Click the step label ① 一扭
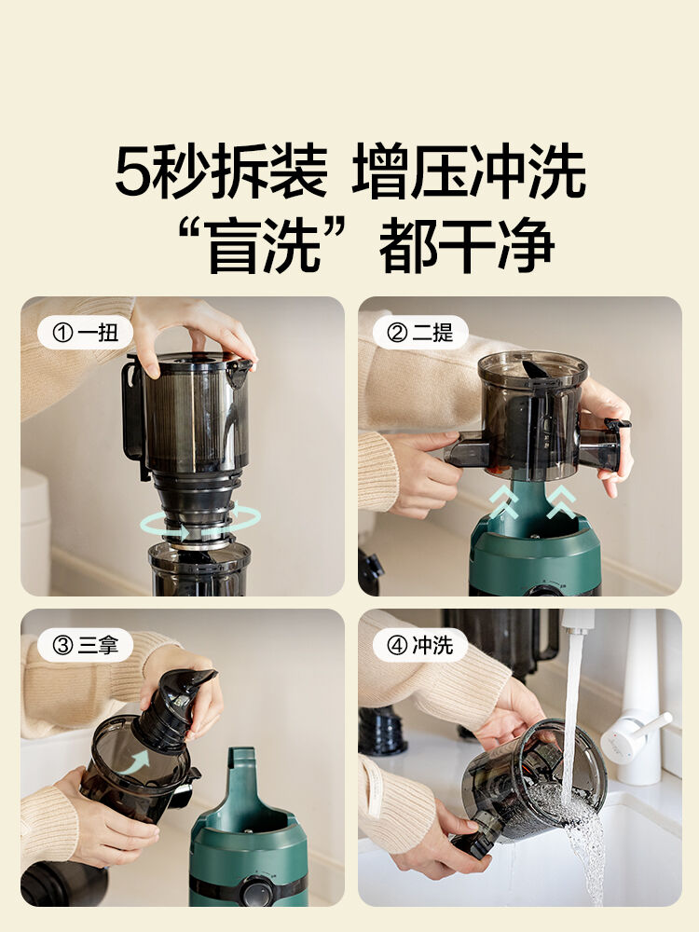86,333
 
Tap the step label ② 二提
420,333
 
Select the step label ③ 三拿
86,645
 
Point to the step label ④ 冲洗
420,645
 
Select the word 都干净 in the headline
467,245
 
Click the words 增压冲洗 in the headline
469,171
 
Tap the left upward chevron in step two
504,502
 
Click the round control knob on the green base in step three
256,891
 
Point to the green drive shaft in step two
532,504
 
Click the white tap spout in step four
577,621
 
